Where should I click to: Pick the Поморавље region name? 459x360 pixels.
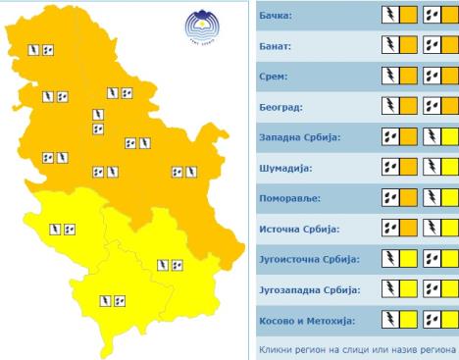(291, 198)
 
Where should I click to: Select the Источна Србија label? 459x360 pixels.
(298, 229)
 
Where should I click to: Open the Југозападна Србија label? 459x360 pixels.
(308, 289)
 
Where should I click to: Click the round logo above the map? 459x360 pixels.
(202, 26)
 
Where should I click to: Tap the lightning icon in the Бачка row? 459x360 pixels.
(389, 16)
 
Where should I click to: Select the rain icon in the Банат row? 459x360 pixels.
(431, 46)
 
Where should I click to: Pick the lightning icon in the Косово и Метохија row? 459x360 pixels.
(389, 320)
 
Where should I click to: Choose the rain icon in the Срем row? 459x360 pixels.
(431, 77)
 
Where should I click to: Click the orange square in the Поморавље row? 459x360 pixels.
(408, 198)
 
